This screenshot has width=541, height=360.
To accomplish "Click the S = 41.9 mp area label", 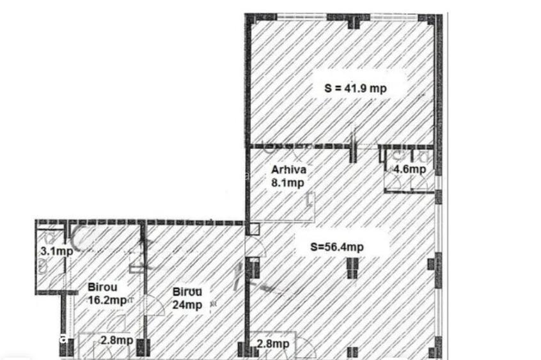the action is click(356, 88).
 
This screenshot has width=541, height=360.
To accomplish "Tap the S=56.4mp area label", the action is click(337, 247).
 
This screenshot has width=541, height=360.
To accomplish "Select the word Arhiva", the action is click(289, 169).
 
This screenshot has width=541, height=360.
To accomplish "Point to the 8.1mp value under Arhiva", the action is click(287, 183).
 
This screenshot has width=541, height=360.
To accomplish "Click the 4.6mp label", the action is click(409, 169).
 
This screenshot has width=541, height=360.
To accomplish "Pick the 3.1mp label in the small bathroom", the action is click(56, 251).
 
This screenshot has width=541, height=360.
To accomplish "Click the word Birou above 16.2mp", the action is click(102, 287).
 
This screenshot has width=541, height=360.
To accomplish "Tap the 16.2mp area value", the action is click(107, 300).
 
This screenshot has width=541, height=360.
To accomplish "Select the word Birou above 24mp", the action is click(187, 292).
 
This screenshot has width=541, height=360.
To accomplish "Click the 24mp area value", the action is click(187, 305).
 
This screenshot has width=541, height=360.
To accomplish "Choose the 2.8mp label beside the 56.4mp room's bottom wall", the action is click(273, 343).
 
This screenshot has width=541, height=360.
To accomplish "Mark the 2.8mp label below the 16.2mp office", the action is click(117, 340).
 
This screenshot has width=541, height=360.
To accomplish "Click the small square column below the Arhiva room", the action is click(254, 229).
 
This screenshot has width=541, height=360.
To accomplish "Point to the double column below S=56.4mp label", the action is click(352, 268).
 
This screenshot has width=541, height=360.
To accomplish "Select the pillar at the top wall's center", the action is click(353, 21).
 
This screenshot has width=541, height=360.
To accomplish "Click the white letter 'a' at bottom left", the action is click(63, 339).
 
